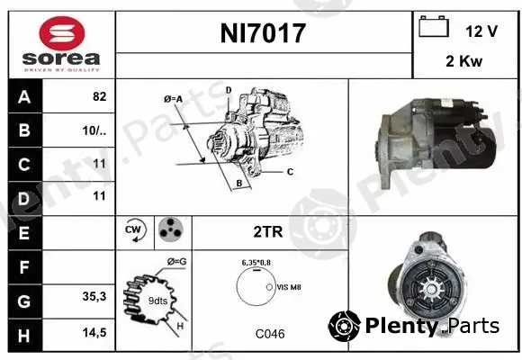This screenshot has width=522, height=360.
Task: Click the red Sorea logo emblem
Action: click(62, 33)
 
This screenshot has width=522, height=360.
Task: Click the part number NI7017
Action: click(263, 33)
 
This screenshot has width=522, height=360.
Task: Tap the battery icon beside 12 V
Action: click(434, 26)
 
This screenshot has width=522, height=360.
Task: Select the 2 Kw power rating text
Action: click(463, 61)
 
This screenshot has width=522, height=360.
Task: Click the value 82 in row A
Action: click(100, 96)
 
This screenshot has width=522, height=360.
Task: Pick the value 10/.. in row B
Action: click(94, 130)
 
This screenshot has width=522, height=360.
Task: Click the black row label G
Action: click(25, 301)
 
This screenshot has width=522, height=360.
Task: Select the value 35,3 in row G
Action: click(94, 296)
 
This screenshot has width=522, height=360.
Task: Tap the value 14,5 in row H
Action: click(94, 332)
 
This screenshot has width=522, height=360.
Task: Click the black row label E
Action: click(25, 233)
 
